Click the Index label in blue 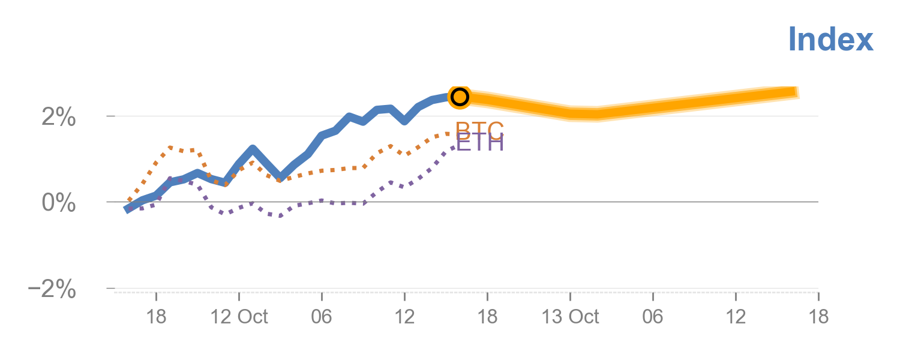830,40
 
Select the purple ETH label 479,143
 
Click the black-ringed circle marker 460,97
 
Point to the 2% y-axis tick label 59,117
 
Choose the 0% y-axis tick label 59,203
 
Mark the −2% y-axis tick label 52,289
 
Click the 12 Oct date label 239,317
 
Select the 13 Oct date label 570,317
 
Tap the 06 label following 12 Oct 322,317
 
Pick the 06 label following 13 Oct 653,317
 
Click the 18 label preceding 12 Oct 156,317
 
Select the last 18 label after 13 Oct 818,317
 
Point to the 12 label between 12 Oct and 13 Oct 404,317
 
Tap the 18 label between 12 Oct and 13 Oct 487,317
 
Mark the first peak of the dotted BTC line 171,147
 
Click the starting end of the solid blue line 127,209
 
